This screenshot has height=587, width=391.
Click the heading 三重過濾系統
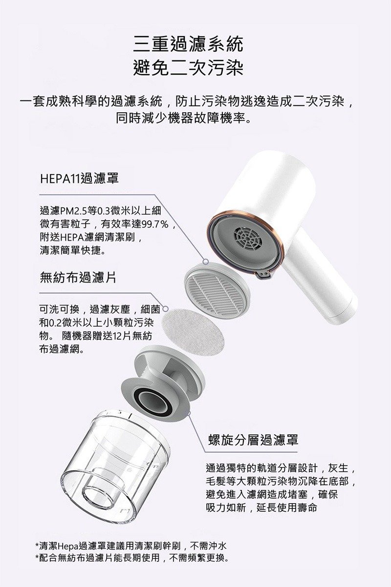(x=188, y=44)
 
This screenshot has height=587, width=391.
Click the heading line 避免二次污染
(x=188, y=68)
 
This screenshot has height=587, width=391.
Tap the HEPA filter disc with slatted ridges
(x=217, y=287)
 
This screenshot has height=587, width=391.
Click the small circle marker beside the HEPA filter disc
(x=206, y=262)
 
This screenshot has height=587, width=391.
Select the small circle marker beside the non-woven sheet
(x=165, y=309)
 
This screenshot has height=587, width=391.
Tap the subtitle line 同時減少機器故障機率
(x=184, y=118)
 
